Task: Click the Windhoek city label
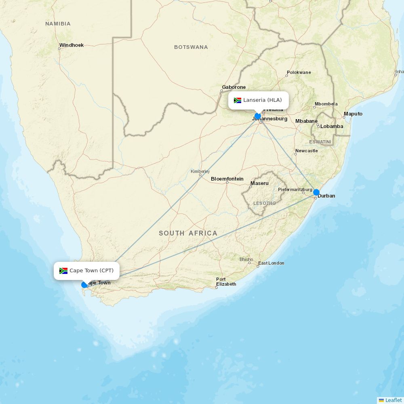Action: [71, 45]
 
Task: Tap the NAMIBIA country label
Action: [58, 24]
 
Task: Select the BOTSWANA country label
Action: [191, 47]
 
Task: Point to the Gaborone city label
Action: [234, 87]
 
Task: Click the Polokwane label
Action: [299, 73]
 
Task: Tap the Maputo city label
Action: [353, 114]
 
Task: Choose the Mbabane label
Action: [306, 121]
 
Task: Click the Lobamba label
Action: [331, 126]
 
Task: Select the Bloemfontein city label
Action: [227, 179]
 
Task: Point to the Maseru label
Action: [259, 183]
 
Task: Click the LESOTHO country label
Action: [264, 203]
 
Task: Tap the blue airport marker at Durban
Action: [316, 192]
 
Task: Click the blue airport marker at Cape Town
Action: [84, 285]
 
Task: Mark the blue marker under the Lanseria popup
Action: [258, 116]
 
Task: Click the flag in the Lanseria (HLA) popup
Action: [238, 100]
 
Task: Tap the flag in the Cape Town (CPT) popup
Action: [63, 271]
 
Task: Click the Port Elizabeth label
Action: [226, 282]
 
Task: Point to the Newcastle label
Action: [306, 151]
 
